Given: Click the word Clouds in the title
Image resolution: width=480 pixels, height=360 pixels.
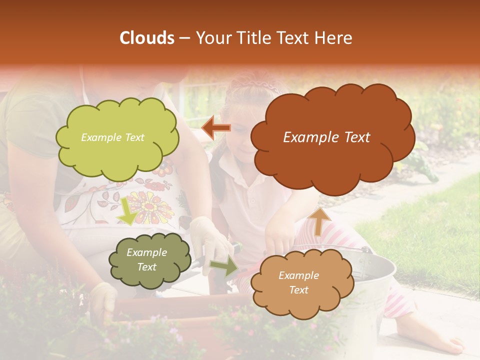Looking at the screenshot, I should point(147,38).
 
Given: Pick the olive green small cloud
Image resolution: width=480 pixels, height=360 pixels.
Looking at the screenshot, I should point(150,260).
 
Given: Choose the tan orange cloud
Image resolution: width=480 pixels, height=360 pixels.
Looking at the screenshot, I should point(300,282).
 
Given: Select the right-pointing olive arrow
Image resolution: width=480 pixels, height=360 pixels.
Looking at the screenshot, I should point(224,266).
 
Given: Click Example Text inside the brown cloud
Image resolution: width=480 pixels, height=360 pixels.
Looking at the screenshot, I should point(326,137).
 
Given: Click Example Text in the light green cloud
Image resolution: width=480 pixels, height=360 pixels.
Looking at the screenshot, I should point(112,137).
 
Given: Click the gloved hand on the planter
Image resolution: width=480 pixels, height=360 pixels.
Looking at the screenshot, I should point(104,300).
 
